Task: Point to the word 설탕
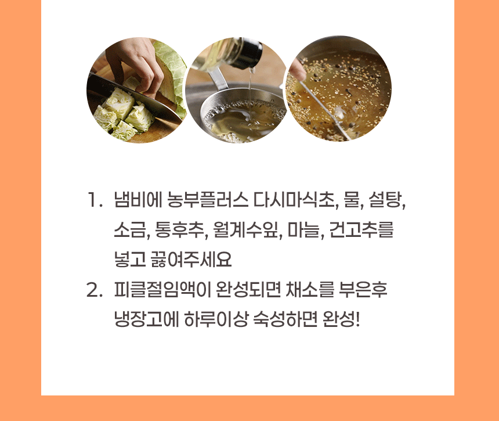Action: click(x=386, y=200)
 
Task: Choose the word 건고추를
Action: click(x=361, y=229)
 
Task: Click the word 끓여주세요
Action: click(x=191, y=259)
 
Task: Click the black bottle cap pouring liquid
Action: click(x=250, y=55)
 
